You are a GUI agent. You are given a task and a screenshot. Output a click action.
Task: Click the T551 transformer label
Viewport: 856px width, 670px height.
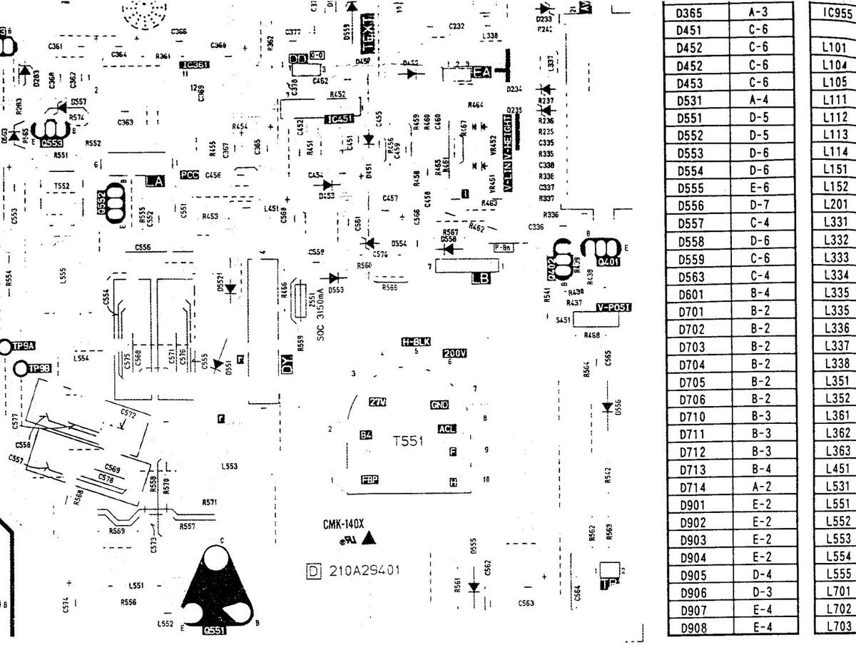(409, 442)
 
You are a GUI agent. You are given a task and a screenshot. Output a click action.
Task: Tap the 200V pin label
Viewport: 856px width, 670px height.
(454, 353)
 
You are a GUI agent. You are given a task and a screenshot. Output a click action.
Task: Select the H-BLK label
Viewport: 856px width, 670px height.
(416, 341)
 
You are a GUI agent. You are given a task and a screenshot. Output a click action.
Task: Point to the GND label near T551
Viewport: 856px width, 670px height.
(439, 405)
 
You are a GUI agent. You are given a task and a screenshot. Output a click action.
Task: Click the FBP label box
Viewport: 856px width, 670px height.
(370, 479)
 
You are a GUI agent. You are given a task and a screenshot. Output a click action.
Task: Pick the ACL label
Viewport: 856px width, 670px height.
(447, 429)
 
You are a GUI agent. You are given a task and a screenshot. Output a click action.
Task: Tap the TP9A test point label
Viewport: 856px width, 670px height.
(24, 347)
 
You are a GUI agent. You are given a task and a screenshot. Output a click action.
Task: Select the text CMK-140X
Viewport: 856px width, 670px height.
(343, 524)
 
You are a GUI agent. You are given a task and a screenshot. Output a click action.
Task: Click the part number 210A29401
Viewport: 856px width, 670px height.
(364, 571)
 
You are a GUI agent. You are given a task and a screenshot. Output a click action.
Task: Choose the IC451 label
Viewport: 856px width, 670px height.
(338, 119)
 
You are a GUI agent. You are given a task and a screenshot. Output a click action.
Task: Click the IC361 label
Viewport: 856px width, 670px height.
(194, 65)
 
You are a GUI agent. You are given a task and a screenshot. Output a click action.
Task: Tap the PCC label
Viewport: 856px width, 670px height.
(189, 175)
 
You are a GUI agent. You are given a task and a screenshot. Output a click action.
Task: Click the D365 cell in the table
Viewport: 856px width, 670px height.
(690, 13)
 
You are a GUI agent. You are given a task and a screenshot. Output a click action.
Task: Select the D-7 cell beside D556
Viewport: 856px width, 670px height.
(759, 205)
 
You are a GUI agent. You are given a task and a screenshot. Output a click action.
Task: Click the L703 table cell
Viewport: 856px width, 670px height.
(837, 626)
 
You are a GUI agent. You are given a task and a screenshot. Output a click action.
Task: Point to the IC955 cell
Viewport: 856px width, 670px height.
(839, 13)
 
